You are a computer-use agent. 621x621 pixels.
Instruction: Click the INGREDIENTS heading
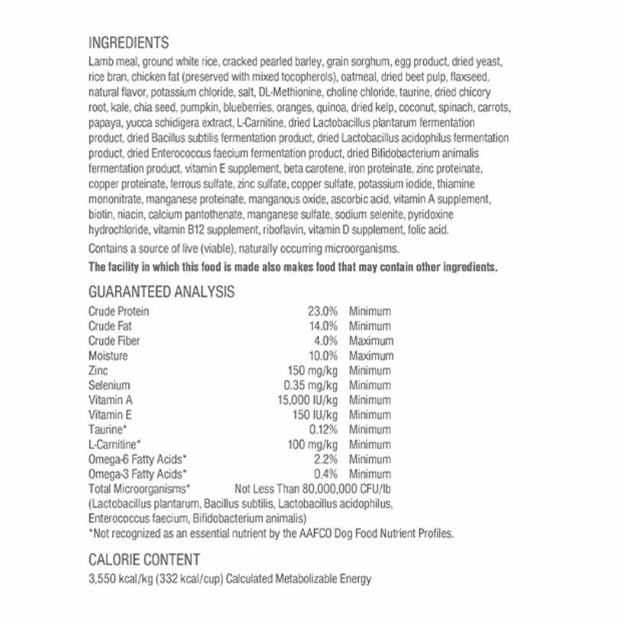tap(128, 43)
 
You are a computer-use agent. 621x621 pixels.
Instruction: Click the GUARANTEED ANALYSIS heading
tap(161, 292)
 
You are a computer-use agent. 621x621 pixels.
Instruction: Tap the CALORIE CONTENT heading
tap(144, 560)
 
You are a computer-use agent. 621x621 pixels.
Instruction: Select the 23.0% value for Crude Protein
tap(322, 312)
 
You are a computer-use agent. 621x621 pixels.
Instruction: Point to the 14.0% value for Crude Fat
tap(322, 326)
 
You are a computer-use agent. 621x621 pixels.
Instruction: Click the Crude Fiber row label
tap(114, 341)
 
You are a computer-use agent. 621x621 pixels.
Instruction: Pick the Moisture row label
tap(108, 356)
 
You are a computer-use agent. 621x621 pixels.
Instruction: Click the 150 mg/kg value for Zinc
tap(312, 370)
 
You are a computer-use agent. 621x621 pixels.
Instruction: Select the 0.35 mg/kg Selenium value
tap(310, 386)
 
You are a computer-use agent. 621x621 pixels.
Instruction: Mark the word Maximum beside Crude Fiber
tap(371, 341)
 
